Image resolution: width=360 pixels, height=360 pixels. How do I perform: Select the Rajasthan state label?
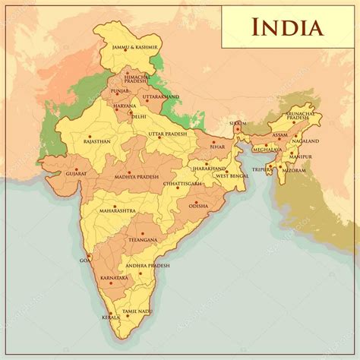pos(97,141)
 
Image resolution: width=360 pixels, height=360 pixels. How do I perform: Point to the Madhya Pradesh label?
pos(137,176)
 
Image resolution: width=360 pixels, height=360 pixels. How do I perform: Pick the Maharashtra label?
pos(114,209)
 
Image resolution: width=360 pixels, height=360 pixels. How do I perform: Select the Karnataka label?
pos(114,279)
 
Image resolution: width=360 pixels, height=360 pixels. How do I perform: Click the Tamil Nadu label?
pos(139,311)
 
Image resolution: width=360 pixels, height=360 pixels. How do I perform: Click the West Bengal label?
pos(233,176)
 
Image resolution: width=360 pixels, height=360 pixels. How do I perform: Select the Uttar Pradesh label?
pos(166,134)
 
